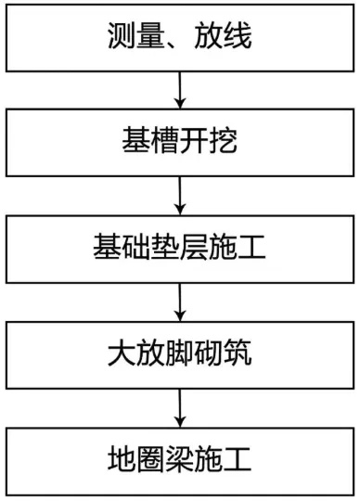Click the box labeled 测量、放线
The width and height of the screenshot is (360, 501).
[180, 37]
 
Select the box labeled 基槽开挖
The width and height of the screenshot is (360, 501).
[180, 142]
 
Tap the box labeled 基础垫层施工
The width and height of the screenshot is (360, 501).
[180, 248]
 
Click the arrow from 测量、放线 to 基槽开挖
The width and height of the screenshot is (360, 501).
[179, 90]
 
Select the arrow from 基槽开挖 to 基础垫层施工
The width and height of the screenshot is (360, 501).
[179, 195]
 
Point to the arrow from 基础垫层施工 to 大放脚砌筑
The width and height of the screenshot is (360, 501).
[179, 301]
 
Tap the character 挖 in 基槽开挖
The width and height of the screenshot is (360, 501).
[225, 143]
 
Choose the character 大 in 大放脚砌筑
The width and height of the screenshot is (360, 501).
[120, 353]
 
